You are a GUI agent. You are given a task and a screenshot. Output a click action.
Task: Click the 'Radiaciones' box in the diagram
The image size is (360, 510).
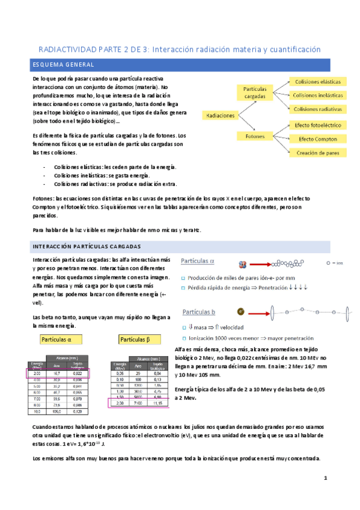(x=220, y=114)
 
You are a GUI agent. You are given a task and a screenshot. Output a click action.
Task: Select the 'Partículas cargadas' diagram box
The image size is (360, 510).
(x=254, y=92)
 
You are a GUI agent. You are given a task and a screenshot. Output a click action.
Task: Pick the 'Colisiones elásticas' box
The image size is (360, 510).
(x=317, y=81)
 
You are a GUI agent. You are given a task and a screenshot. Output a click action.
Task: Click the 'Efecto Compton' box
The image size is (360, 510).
(x=317, y=139)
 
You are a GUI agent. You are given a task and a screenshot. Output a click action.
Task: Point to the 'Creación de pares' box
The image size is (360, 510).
(x=317, y=153)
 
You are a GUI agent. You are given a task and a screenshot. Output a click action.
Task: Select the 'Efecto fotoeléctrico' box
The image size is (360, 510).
(x=317, y=125)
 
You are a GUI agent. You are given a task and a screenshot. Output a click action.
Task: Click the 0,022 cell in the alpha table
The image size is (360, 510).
(x=76, y=373)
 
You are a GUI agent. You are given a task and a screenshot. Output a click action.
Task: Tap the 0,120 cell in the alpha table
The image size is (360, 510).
(x=76, y=412)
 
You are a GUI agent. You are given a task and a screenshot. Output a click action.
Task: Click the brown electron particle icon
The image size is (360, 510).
(x=240, y=312)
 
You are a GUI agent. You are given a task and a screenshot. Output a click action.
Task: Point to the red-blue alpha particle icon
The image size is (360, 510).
(x=243, y=263)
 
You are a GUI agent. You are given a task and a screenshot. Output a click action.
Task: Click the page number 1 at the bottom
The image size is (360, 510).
(x=325, y=478)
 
